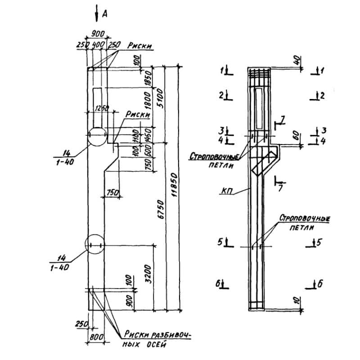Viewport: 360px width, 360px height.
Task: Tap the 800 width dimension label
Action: pos(96,337)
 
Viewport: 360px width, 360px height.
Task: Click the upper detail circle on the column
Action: pos(97,135)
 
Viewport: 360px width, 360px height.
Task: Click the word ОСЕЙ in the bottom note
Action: pos(156,345)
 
